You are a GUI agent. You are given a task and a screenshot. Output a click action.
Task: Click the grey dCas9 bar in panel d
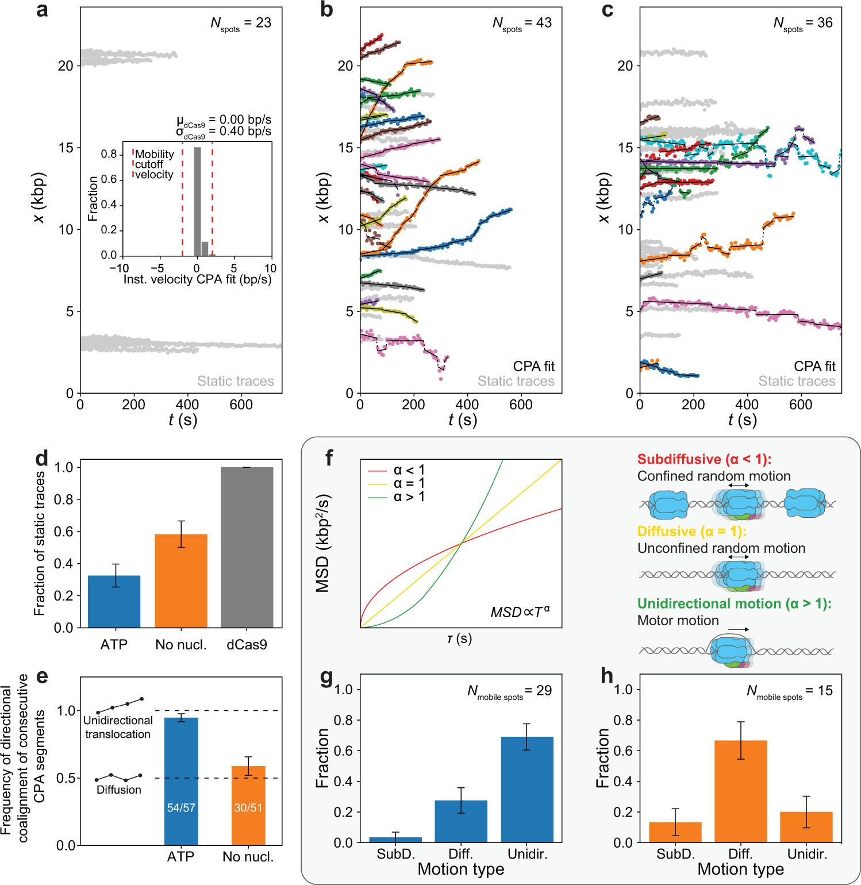[247, 547]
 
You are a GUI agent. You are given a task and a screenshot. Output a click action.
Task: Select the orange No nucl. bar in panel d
[180, 580]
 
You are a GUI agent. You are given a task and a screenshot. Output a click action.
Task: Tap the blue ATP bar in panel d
[114, 601]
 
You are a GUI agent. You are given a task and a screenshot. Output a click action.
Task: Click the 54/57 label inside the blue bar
[181, 808]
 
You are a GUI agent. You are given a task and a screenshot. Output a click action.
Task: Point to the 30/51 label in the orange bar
[248, 808]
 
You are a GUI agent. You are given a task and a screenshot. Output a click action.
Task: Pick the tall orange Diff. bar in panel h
[741, 791]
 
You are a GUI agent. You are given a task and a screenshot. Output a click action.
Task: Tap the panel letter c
[608, 10]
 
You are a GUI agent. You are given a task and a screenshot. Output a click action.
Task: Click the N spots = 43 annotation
[522, 24]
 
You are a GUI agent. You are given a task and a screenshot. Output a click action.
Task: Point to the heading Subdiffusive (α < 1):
[704, 459]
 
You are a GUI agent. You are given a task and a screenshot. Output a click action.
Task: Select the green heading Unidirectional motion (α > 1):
[734, 603]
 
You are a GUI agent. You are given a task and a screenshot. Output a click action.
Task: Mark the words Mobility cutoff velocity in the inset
[153, 164]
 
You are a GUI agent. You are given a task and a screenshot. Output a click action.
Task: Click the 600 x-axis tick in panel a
[241, 405]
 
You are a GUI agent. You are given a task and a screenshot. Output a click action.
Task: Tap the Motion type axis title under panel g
[461, 869]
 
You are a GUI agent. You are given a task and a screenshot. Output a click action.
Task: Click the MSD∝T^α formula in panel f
[520, 612]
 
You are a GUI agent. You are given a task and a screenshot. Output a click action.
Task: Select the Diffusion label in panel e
[119, 790]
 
